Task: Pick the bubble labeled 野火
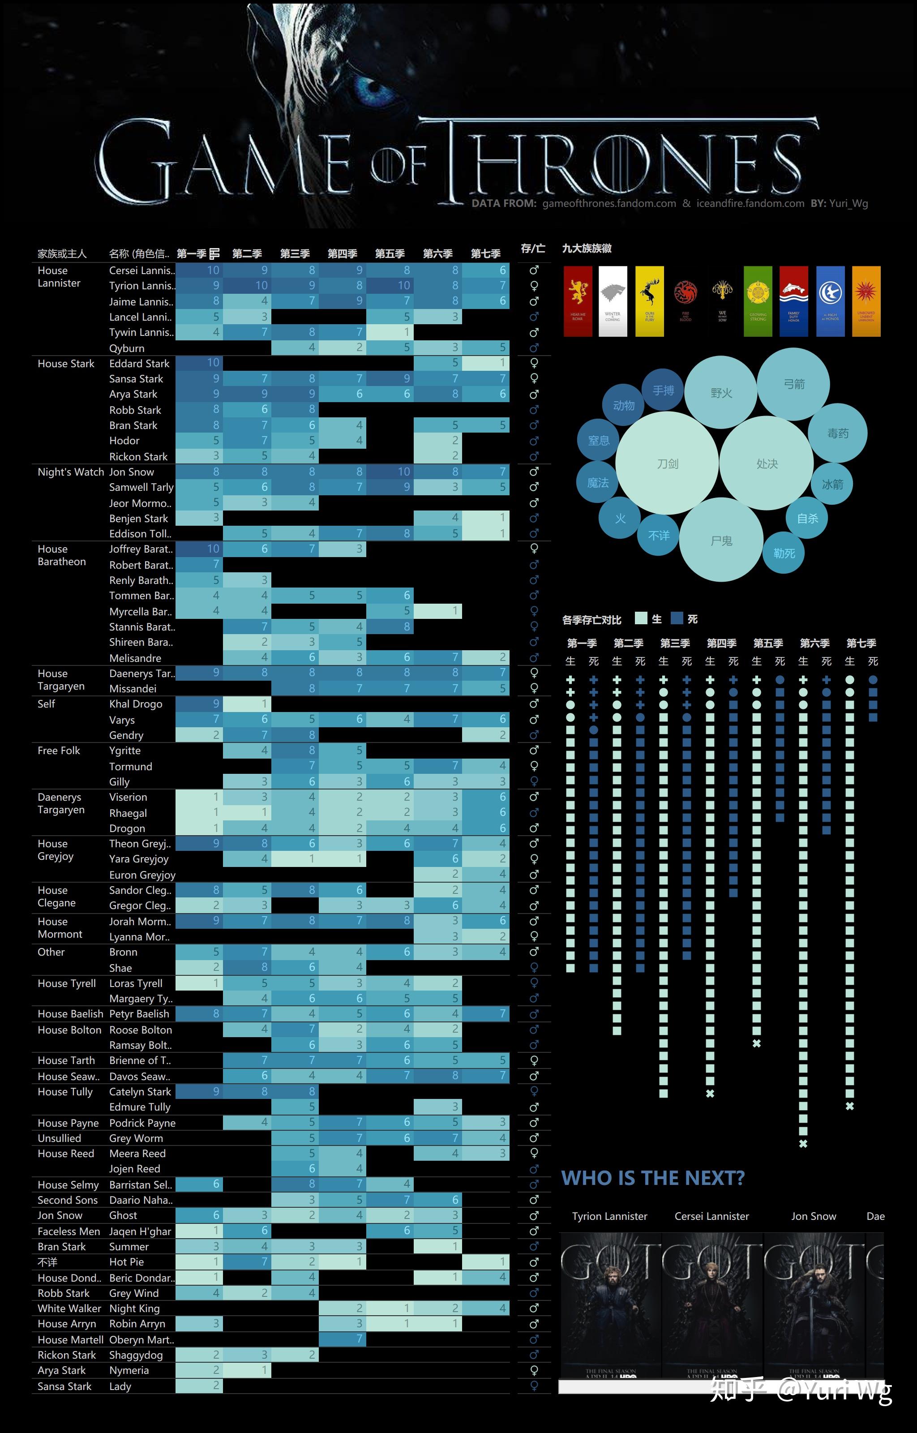[721, 392]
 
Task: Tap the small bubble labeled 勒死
[784, 553]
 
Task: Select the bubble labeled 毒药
[837, 433]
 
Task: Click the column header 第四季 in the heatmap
[343, 253]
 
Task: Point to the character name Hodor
[124, 441]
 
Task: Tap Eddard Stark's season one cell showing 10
[199, 363]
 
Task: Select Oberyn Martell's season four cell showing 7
[343, 1339]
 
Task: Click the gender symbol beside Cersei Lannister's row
[534, 270]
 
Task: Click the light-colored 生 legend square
[641, 618]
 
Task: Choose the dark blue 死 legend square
[677, 618]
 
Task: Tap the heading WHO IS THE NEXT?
[653, 1178]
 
